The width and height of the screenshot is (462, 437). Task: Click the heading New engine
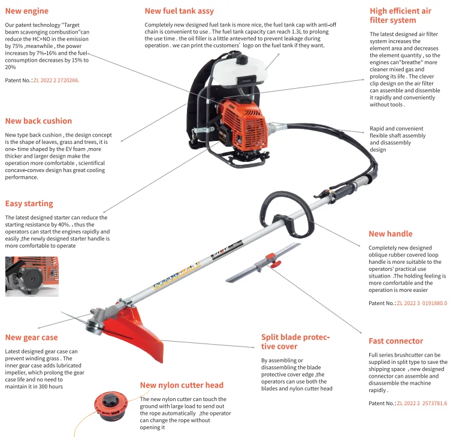tap(27, 11)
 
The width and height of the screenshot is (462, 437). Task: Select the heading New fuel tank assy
tap(179, 11)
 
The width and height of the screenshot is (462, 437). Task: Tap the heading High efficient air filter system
tap(400, 16)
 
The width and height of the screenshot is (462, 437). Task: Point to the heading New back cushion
tap(38, 121)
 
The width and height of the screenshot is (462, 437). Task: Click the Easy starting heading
tap(29, 204)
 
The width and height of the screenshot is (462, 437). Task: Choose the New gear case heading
tap(31, 337)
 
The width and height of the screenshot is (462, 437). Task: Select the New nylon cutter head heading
tap(182, 385)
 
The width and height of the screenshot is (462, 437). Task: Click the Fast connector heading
tap(395, 341)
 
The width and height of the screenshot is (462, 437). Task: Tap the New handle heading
tap(390, 234)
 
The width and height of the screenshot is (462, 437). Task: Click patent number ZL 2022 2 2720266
tap(56, 80)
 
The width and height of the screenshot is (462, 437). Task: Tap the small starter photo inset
tap(32, 276)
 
